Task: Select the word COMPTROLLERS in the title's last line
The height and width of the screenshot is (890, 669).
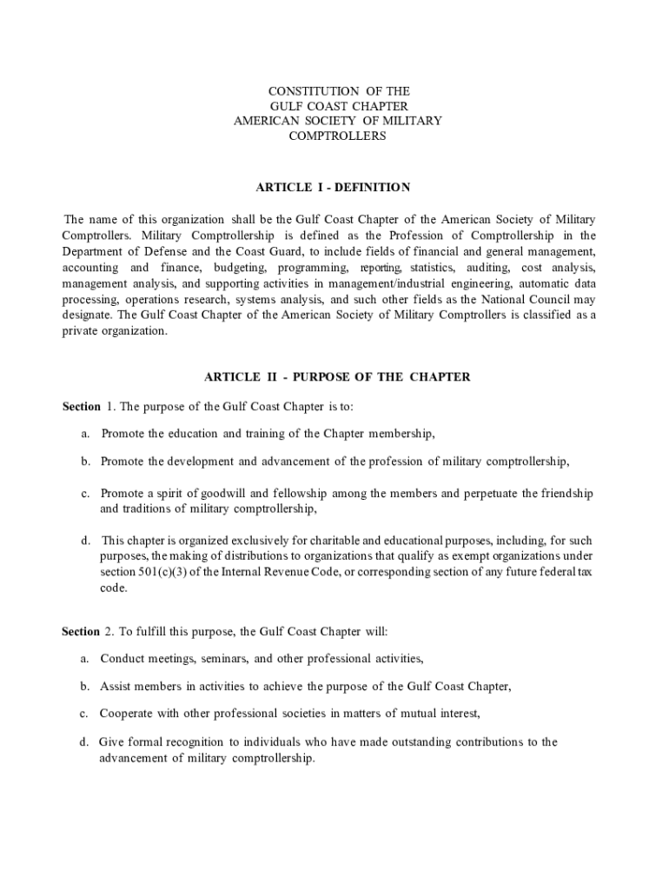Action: [337, 136]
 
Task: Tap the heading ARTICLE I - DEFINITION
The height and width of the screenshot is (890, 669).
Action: [332, 187]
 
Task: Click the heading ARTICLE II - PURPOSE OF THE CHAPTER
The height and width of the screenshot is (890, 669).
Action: [337, 377]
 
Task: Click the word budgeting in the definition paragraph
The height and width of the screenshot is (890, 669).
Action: [244, 268]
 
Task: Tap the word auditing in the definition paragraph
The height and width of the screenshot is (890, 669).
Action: [487, 268]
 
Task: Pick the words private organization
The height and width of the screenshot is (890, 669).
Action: [113, 331]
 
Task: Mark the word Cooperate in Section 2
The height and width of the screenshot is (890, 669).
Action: [128, 714]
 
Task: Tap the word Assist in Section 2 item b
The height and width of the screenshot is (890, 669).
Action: [116, 686]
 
